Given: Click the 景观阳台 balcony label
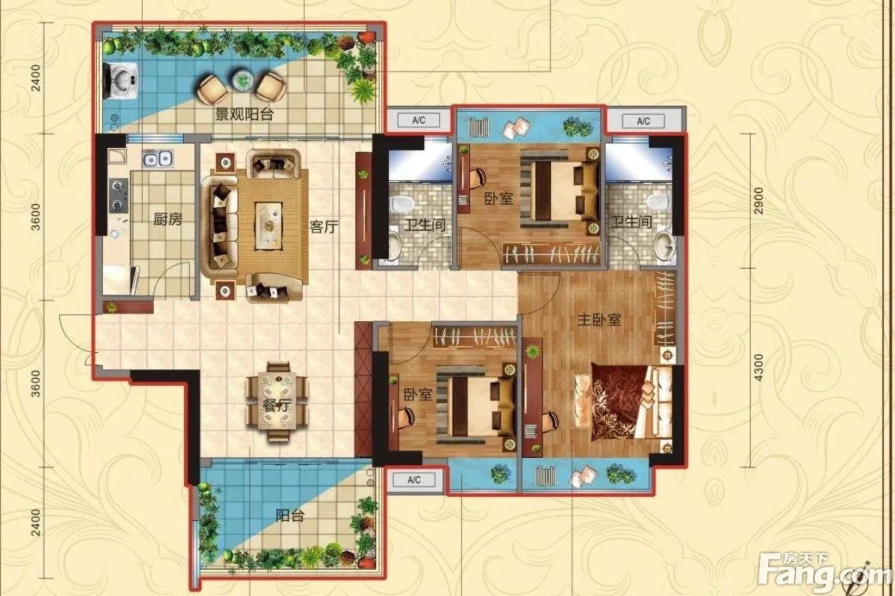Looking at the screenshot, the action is (x=244, y=114).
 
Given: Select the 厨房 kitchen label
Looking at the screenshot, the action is (x=168, y=218).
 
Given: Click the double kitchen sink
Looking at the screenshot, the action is (x=158, y=158).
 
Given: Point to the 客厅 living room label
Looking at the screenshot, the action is (x=324, y=227).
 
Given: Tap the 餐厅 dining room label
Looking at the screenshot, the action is (x=277, y=406).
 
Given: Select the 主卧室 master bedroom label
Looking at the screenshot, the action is (x=598, y=320).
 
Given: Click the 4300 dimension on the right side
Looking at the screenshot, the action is (x=758, y=369).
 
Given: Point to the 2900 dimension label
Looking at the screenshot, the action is (x=758, y=200).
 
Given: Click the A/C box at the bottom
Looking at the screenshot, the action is (x=414, y=480).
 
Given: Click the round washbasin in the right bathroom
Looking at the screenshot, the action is (x=664, y=242).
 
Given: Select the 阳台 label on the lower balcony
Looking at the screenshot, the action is (x=290, y=516).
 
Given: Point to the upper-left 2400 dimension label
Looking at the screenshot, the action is (x=36, y=78).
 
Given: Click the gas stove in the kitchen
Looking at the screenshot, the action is (x=118, y=194).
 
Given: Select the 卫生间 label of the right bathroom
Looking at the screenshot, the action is (x=631, y=221).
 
